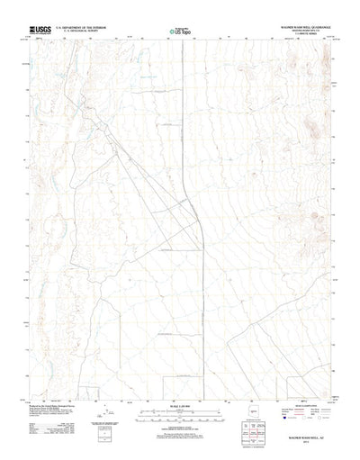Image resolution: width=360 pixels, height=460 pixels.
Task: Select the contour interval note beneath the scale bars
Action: tap(180, 431)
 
